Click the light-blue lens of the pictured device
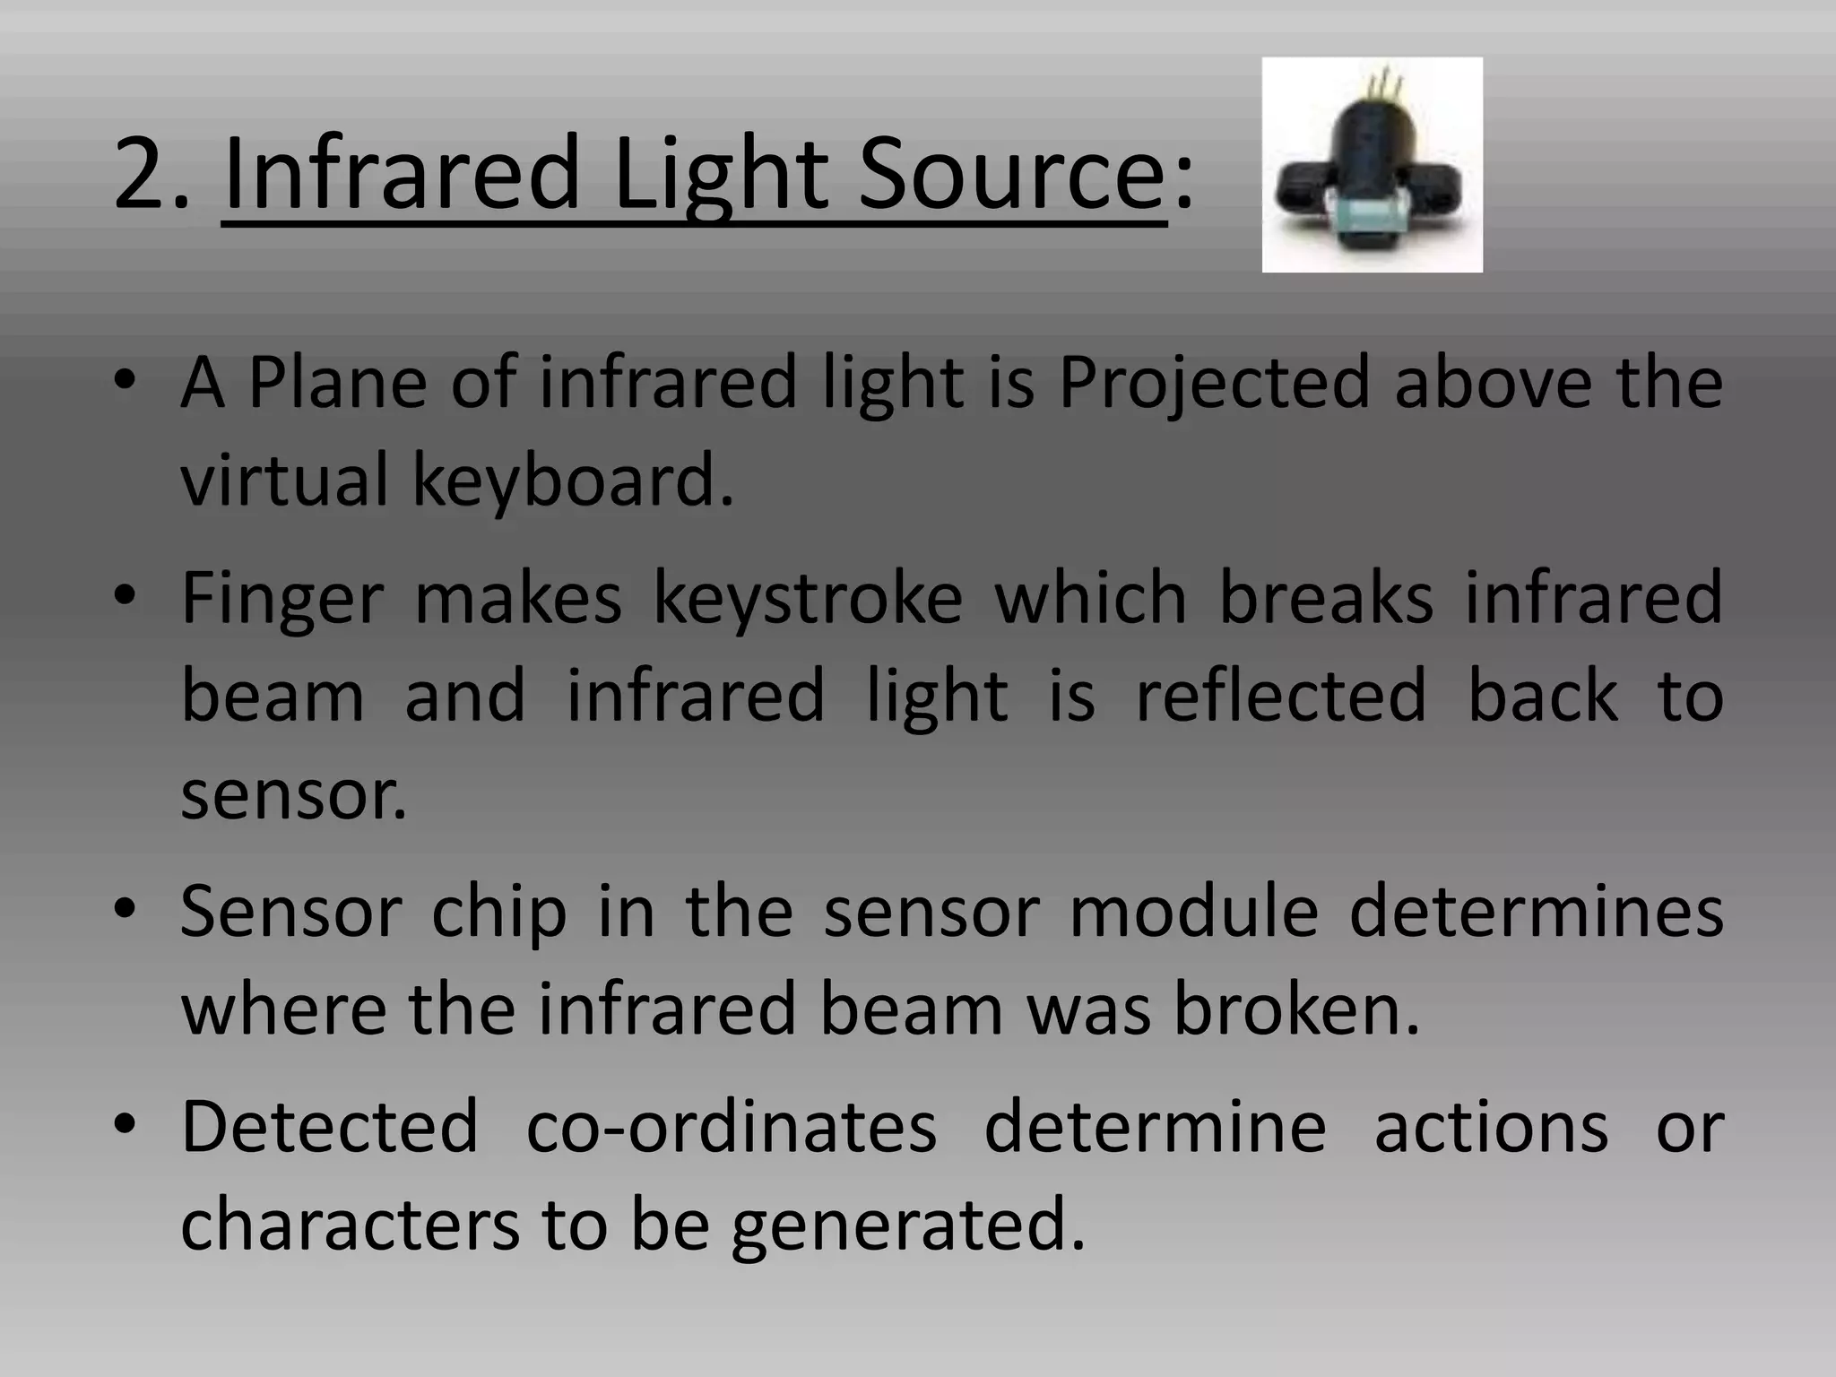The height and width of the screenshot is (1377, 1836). tap(1369, 216)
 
